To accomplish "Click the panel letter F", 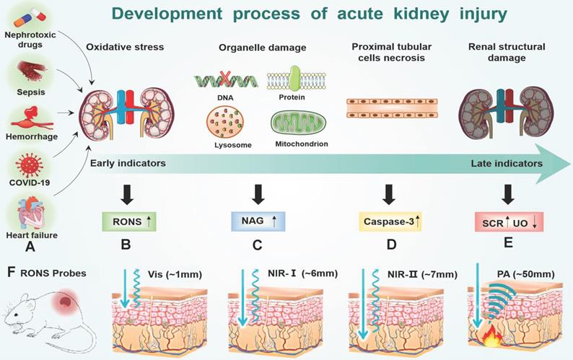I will pyautogui.click(x=9, y=273).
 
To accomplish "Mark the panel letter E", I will pyautogui.click(x=508, y=244).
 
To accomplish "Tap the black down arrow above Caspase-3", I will pyautogui.click(x=389, y=194).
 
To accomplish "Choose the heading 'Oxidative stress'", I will pyautogui.click(x=125, y=48).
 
